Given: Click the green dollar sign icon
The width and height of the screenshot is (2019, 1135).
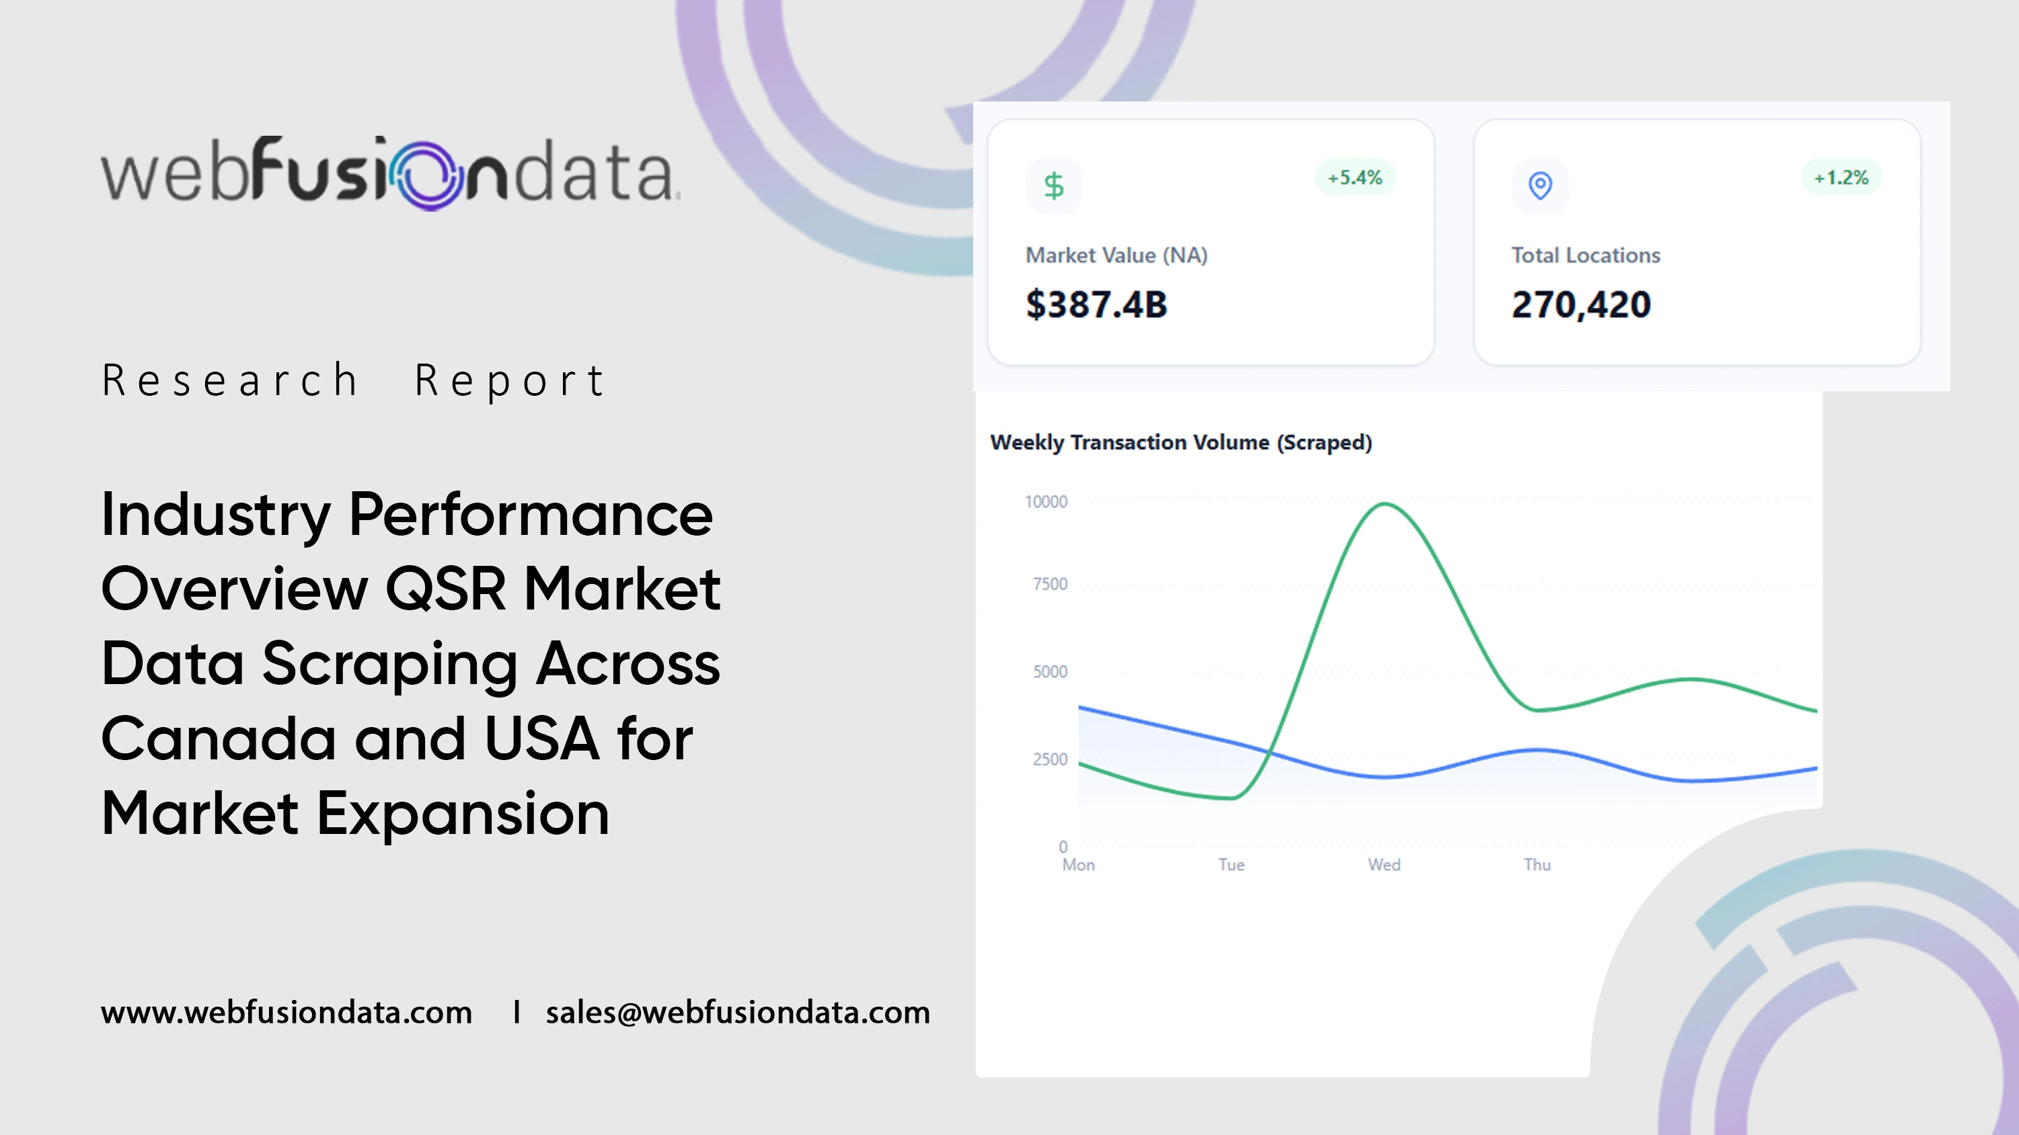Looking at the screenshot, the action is pyautogui.click(x=1053, y=185).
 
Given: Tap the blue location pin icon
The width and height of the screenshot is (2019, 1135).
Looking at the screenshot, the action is pyautogui.click(x=1540, y=185).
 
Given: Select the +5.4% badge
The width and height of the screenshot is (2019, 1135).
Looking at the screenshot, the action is pyautogui.click(x=1355, y=178).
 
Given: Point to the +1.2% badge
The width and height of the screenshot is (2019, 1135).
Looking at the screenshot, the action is pyautogui.click(x=1841, y=178).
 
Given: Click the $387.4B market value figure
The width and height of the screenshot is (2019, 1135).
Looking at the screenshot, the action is pyautogui.click(x=1096, y=304).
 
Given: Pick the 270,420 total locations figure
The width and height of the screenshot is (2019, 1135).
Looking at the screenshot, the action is pyautogui.click(x=1581, y=304).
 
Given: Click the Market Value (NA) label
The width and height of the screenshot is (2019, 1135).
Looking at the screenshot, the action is pyautogui.click(x=1116, y=255).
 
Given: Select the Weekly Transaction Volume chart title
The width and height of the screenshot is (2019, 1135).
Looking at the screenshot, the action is pyautogui.click(x=1181, y=443).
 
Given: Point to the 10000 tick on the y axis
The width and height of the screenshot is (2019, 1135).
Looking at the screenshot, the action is pyautogui.click(x=1046, y=501).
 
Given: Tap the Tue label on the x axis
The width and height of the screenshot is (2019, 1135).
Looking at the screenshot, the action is pyautogui.click(x=1231, y=865).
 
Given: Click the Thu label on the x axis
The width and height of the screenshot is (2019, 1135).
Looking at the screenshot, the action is pyautogui.click(x=1537, y=865).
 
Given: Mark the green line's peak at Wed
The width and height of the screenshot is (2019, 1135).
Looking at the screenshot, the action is pyautogui.click(x=1385, y=504).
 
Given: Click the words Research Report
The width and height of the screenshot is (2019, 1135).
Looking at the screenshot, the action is pyautogui.click(x=352, y=380).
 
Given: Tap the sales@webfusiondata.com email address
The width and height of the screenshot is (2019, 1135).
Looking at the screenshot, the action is pyautogui.click(x=738, y=1013).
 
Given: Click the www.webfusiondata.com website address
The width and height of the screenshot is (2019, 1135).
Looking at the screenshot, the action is pyautogui.click(x=286, y=1013).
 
